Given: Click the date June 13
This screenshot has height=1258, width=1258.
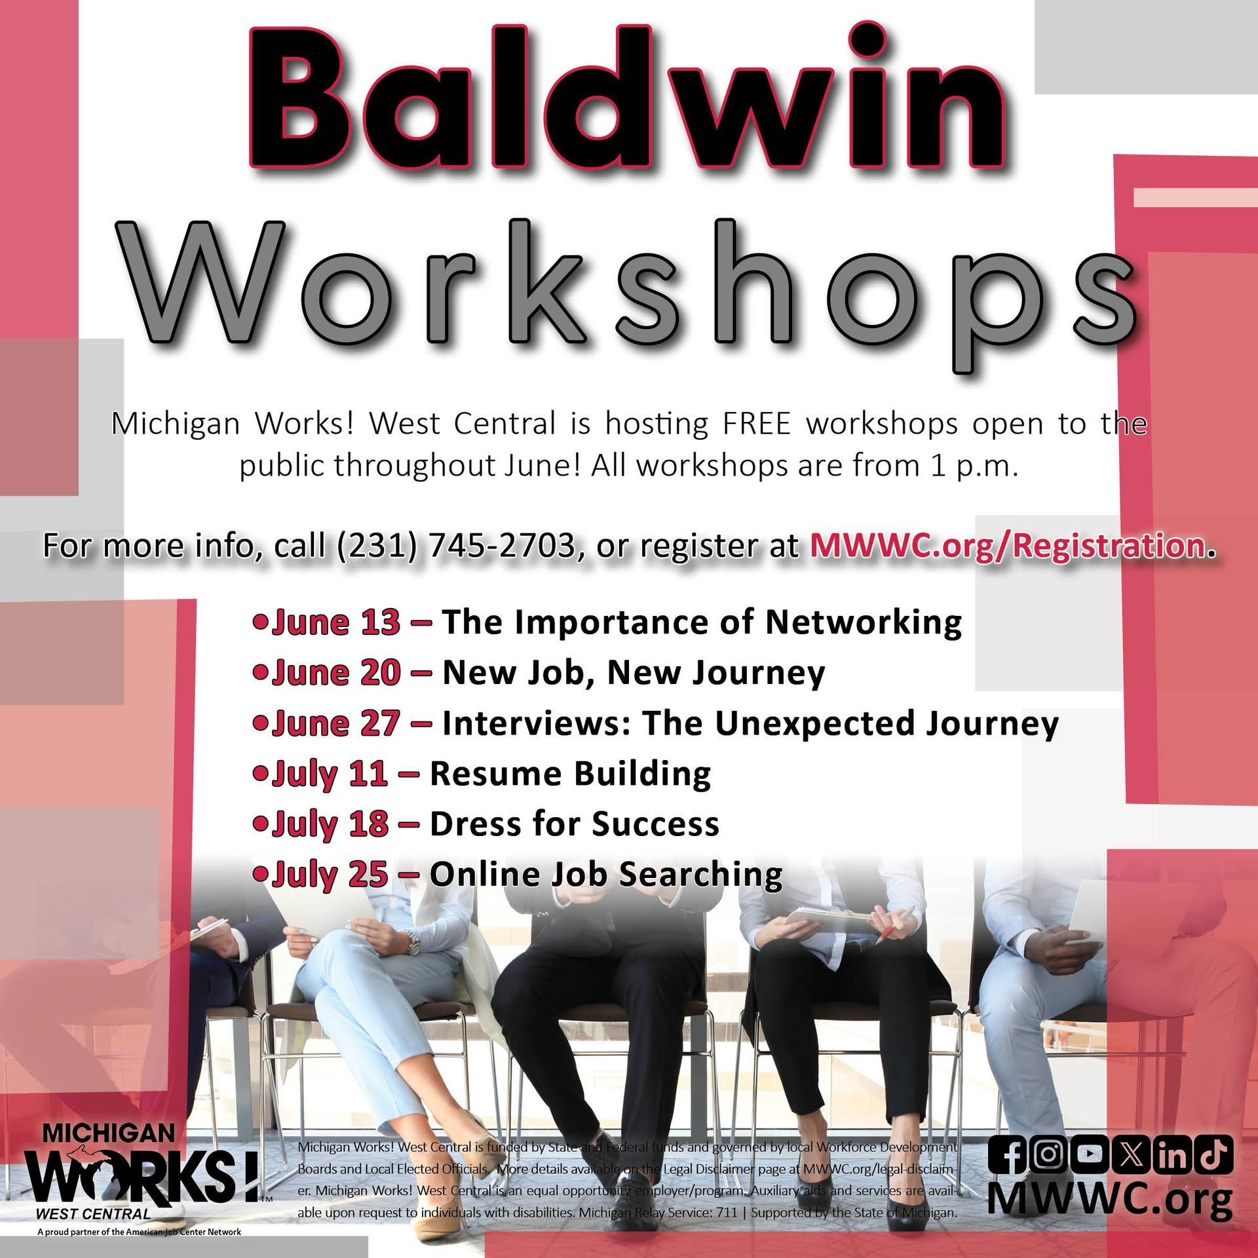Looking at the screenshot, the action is pyautogui.click(x=335, y=622).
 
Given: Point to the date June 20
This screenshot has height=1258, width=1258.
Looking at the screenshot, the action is pyautogui.click(x=335, y=673).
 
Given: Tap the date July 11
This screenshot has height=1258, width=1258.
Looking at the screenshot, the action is pyautogui.click(x=330, y=774).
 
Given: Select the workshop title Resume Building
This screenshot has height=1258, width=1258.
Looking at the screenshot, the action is pyautogui.click(x=570, y=774).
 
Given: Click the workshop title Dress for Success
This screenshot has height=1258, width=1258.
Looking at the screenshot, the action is pyautogui.click(x=575, y=824).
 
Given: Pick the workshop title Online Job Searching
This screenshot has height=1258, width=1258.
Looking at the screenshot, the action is pyautogui.click(x=606, y=875).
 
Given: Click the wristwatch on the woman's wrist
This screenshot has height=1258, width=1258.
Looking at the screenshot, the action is pyautogui.click(x=413, y=944).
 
